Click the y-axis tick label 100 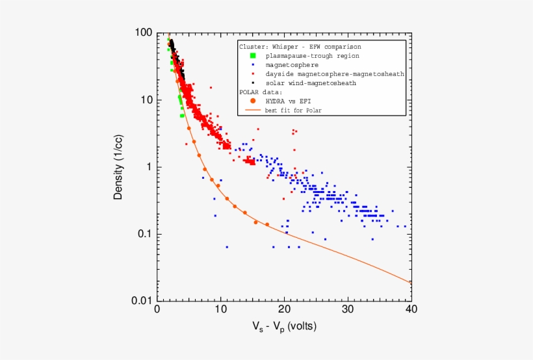coord(144,32)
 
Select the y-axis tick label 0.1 coord(144,234)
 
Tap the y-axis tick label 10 coord(146,100)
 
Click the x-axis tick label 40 coord(411,310)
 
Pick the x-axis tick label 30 coord(348,310)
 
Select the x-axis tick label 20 coord(284,310)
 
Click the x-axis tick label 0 coord(157,310)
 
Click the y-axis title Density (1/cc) coord(118,167)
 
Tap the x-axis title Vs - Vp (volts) coord(284,326)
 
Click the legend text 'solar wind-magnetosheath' coord(311,83)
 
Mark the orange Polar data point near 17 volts coord(266,224)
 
